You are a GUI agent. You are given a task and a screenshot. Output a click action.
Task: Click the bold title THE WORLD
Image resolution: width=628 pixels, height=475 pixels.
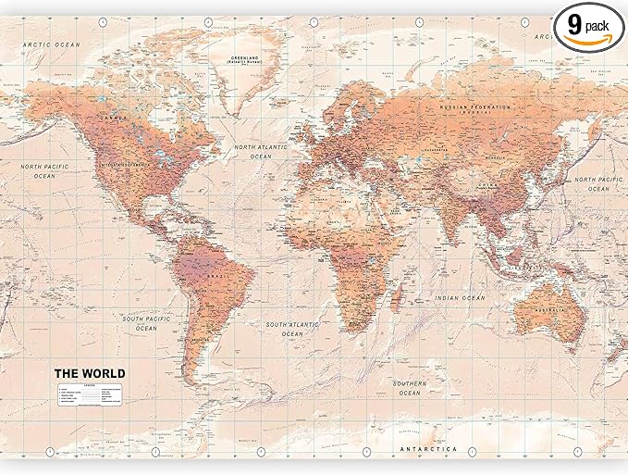coord(90,373)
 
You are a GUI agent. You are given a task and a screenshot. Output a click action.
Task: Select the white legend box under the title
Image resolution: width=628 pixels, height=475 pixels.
coord(90,396)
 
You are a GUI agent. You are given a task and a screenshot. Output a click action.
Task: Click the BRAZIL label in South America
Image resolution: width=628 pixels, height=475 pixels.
coord(219,278)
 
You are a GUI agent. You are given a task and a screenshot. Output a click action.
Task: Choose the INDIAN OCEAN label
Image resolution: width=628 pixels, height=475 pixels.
coord(461,298)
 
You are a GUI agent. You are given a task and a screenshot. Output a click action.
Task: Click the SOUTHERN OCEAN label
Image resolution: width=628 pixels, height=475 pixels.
coord(409,388)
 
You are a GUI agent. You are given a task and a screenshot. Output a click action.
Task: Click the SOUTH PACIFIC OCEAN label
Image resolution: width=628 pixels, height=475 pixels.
coord(145,322)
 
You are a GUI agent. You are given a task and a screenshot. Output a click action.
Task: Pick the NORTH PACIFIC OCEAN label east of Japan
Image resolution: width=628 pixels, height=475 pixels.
coord(592,183)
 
